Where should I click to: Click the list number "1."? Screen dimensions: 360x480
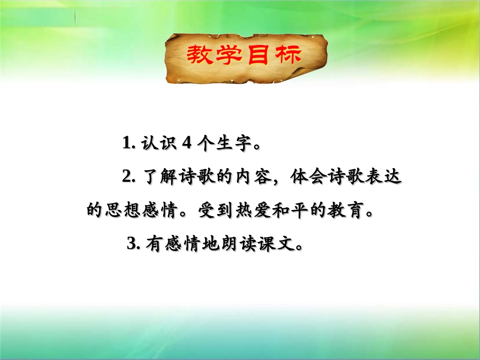[x=128, y=144]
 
